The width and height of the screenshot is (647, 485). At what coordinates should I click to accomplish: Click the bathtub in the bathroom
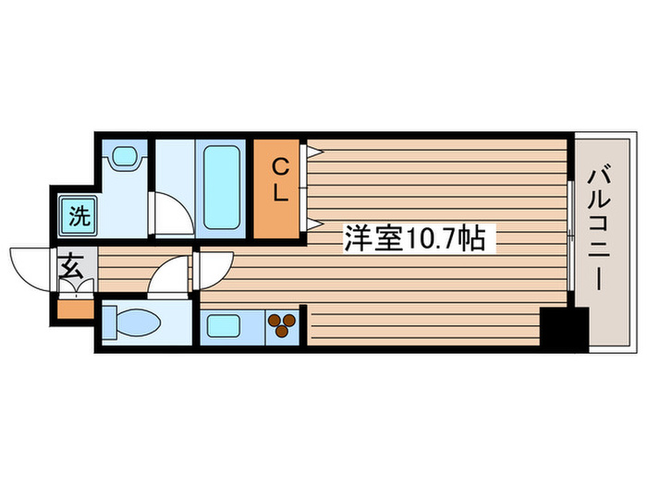tap(223, 187)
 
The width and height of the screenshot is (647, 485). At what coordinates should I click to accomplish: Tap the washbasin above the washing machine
tap(124, 158)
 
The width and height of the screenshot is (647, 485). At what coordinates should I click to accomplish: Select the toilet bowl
tap(139, 324)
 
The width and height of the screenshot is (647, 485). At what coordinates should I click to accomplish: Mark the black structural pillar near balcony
tap(564, 327)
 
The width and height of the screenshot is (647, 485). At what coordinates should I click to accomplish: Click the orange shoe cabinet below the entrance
tap(76, 308)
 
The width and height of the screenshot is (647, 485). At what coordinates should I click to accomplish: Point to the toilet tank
tap(108, 324)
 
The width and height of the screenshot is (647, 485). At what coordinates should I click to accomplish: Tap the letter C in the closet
tap(278, 167)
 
